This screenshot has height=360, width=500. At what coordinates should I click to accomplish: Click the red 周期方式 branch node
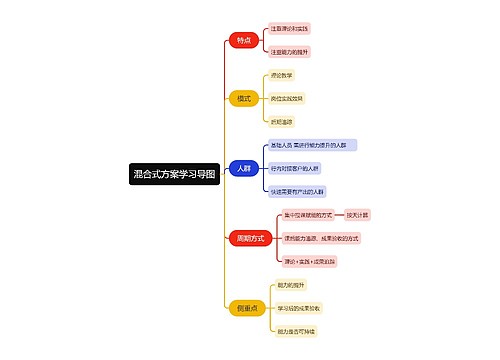[249, 238]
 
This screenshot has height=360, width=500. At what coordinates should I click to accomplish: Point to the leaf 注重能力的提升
[290, 50]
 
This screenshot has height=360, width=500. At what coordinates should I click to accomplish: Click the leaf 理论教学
[283, 75]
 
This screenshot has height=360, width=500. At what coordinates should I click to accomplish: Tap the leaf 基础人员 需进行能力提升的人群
[312, 145]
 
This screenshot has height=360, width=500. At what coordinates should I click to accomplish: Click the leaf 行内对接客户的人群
[295, 168]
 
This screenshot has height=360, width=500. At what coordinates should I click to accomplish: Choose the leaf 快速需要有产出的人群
[297, 191]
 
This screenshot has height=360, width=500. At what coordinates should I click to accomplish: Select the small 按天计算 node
[357, 215]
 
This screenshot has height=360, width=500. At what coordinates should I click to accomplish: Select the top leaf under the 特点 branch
[290, 30]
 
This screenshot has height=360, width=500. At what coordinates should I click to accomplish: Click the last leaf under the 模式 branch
[282, 121]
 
